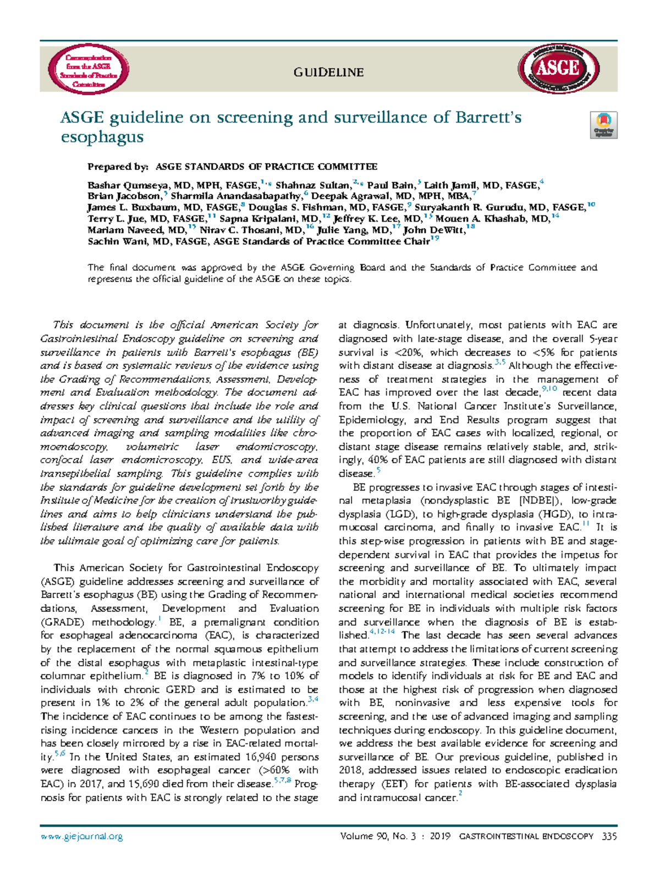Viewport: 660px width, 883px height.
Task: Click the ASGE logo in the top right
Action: (x=558, y=69)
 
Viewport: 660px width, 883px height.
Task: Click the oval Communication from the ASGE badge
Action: (x=89, y=70)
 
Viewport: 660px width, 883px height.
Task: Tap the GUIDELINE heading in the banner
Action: (x=328, y=72)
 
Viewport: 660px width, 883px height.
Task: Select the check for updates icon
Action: (x=603, y=125)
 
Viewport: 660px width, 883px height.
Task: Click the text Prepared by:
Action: (x=118, y=167)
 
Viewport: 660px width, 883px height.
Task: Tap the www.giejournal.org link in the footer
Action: (x=81, y=836)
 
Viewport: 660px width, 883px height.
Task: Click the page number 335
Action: (x=609, y=836)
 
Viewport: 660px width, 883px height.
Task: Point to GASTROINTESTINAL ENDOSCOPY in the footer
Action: (x=526, y=836)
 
